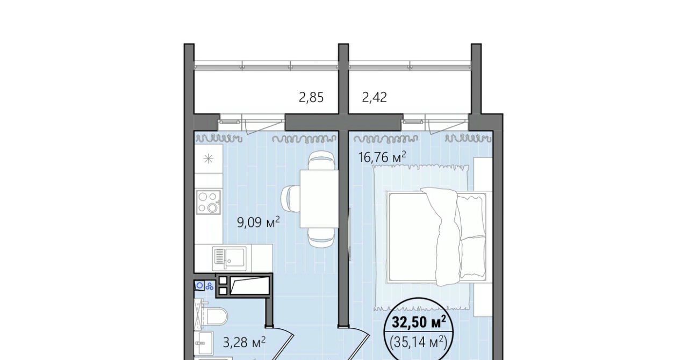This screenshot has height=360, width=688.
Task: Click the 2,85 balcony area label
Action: point(311,98)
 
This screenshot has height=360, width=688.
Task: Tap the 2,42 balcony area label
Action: point(375,98)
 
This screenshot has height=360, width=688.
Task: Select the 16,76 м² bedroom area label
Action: point(382,157)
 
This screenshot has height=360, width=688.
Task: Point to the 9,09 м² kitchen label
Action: point(259,222)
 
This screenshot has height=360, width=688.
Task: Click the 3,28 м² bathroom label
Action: point(244,342)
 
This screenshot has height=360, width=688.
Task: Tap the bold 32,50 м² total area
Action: point(419,322)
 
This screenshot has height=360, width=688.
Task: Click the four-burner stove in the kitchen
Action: point(209,202)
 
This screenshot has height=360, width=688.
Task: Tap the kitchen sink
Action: point(229,260)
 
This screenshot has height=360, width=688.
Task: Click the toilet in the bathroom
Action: point(215,316)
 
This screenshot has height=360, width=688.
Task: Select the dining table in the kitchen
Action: point(319,198)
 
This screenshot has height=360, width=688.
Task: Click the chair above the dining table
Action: point(321,161)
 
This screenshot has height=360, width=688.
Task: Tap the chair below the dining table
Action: point(321,237)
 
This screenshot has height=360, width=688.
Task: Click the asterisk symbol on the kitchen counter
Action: point(209,159)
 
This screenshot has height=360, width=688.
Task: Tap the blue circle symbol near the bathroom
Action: point(199,286)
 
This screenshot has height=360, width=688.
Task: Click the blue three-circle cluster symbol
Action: point(210,286)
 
